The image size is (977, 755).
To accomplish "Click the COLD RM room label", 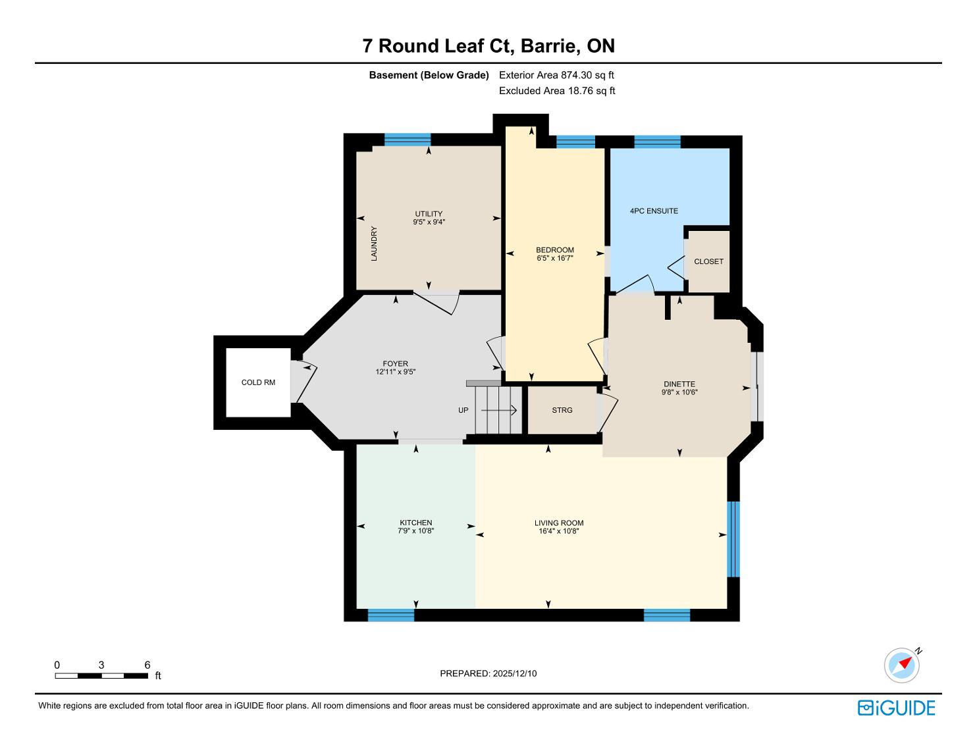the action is coord(258,382).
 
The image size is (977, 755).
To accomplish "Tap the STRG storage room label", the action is coord(562,410).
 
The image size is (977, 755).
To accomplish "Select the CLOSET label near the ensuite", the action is coord(708,261).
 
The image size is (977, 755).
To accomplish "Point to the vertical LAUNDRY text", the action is coord(374,244).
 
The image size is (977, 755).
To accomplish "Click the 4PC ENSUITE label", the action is coord(654,211).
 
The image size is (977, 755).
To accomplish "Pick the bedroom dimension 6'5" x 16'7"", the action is coord(555,258).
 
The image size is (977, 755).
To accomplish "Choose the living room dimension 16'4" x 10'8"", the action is coord(559,531).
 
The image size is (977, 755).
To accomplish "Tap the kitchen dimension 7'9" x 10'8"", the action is coord(416,531).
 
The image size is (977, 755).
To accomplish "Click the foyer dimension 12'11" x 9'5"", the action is coord(395,372).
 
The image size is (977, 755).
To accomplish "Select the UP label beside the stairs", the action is coord(463,410).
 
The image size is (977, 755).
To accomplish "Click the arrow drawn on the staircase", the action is coord(498,410).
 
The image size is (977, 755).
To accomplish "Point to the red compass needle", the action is coord(905,663).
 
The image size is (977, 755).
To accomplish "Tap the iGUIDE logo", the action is coord(896,708).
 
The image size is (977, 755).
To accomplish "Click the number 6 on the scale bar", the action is coord(147,665).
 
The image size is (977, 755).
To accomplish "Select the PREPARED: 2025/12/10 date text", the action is coord(488,673).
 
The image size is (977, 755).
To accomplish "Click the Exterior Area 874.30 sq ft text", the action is coord(556,75).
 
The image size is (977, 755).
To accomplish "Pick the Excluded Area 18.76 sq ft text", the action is coord(557,91).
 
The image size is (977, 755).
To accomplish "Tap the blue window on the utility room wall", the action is coord(408,140).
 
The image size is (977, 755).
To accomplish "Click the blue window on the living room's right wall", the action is coord(733,539).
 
